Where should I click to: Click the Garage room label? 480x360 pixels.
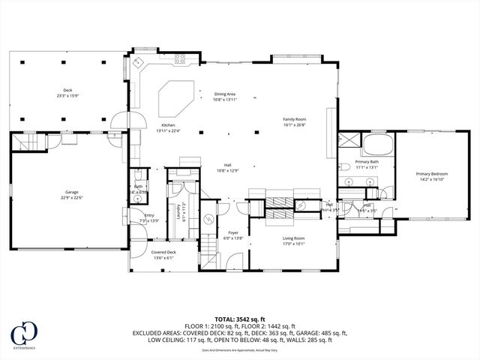pos(71,193)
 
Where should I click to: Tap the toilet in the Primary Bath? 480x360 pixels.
pos(341,166)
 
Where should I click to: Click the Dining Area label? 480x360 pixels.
pos(225,94)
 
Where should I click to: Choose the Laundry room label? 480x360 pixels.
pos(178,213)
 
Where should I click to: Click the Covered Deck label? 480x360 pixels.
pos(163,252)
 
